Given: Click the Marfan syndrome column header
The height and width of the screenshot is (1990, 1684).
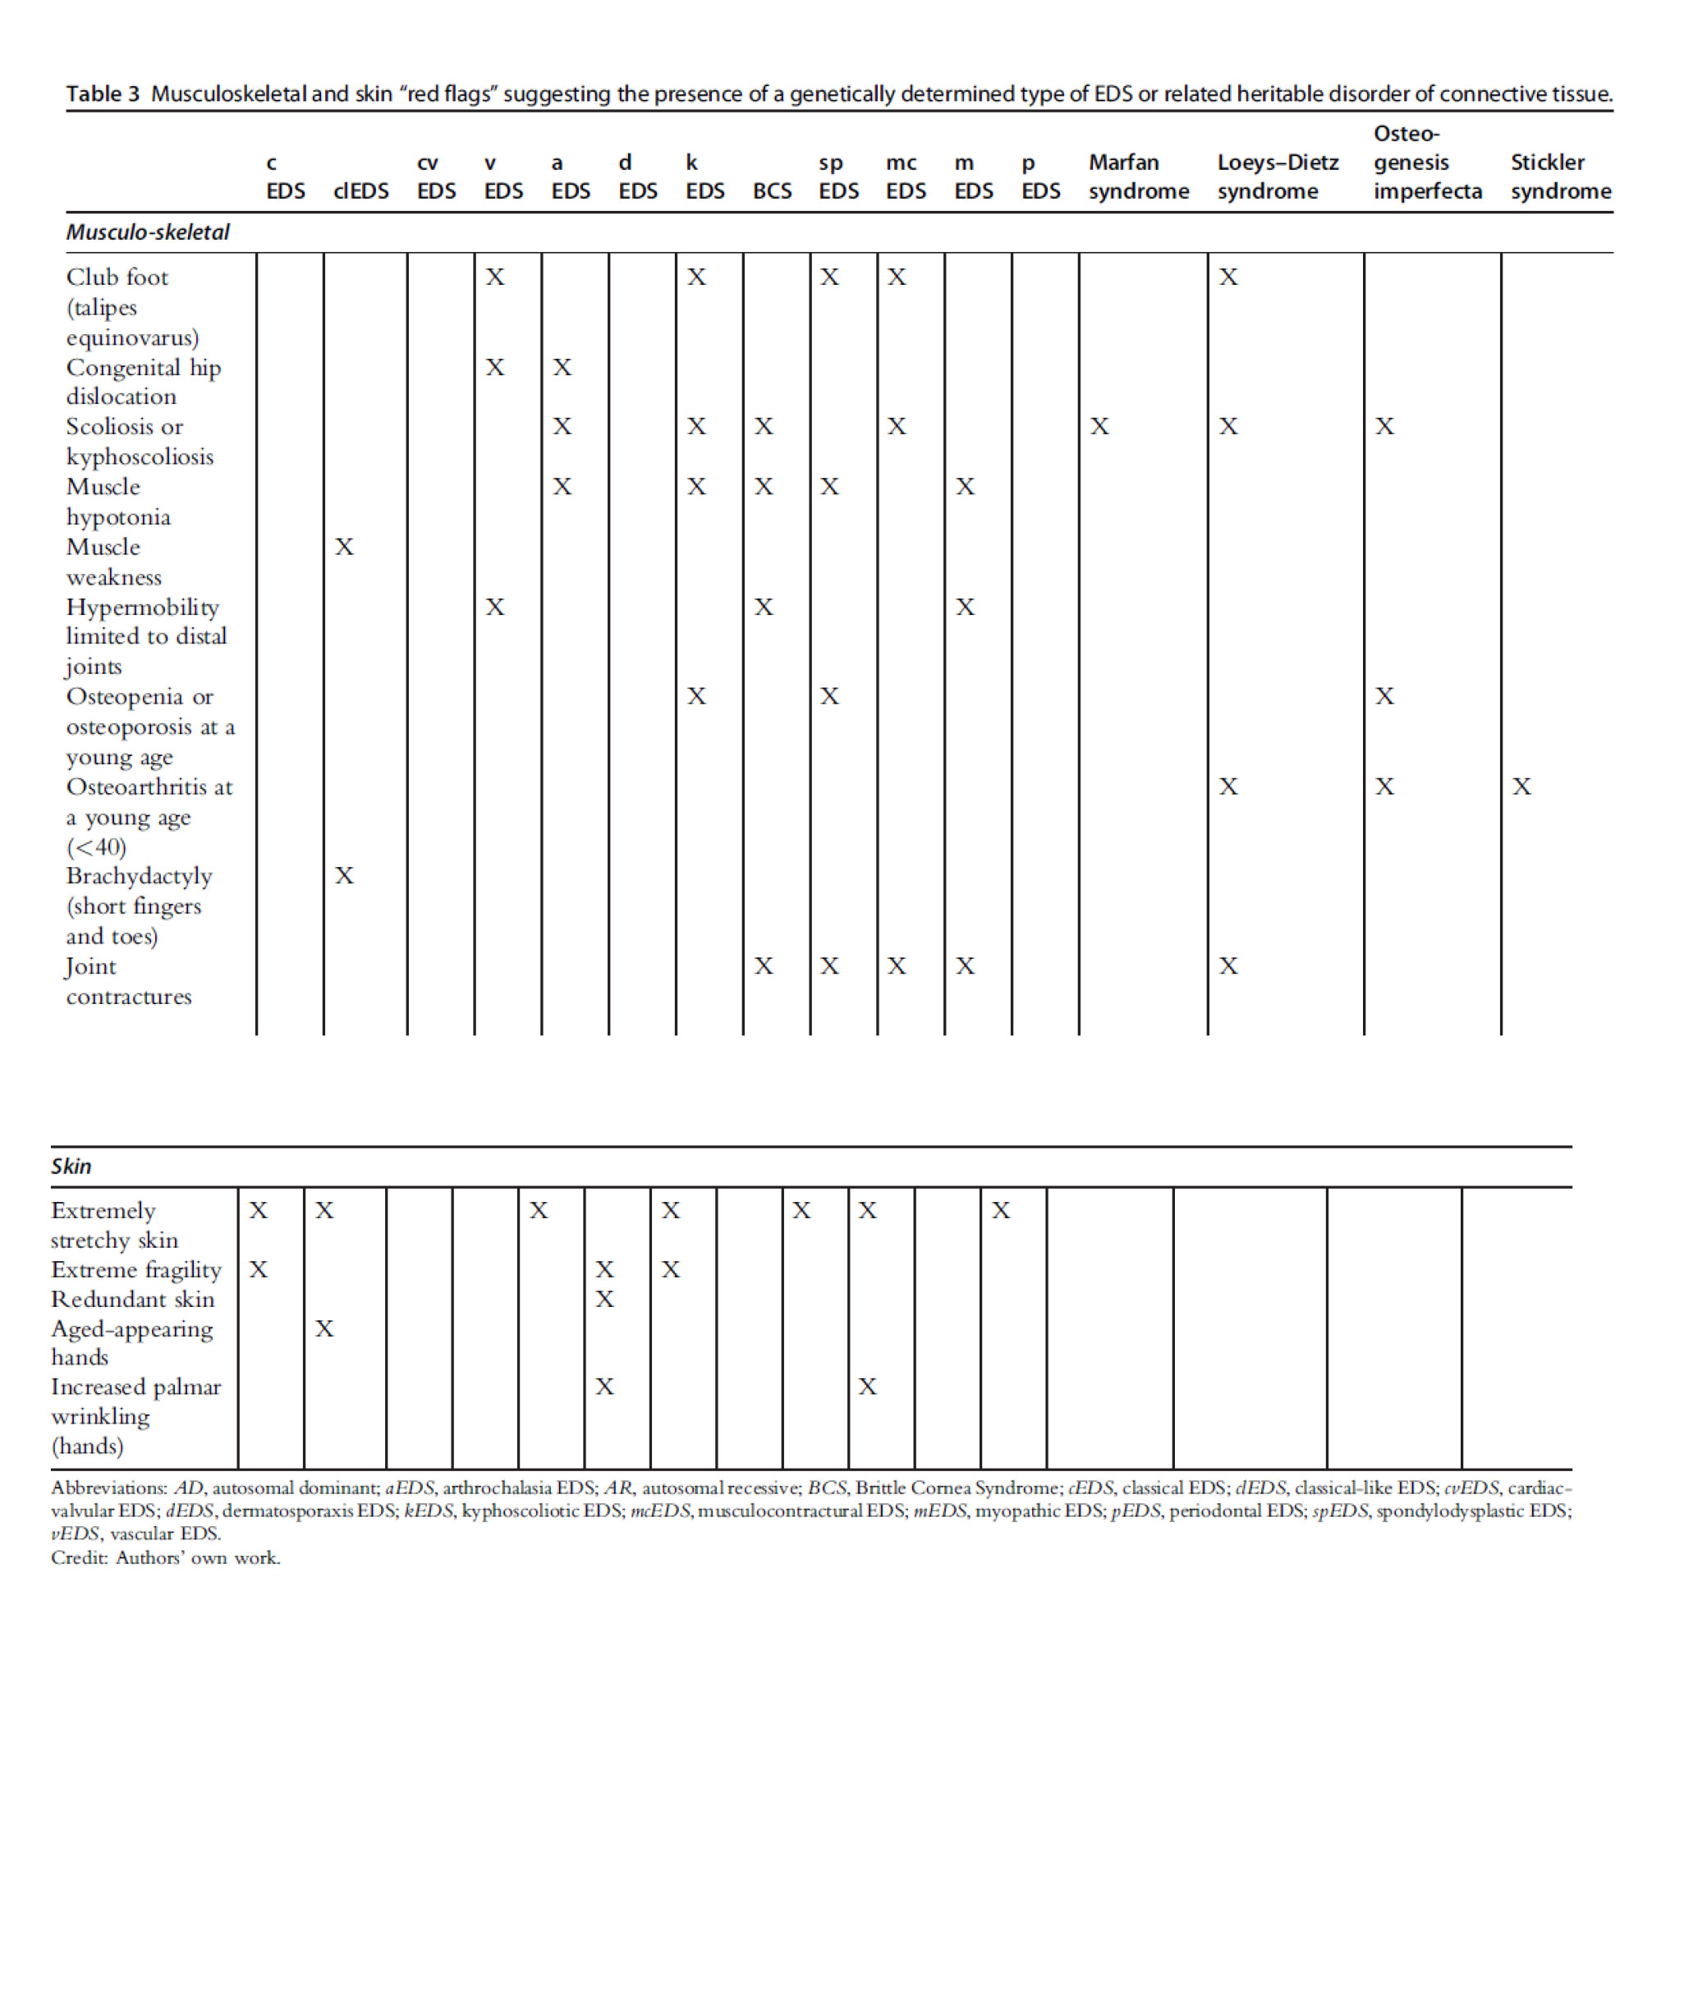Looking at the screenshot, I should click(x=1138, y=177).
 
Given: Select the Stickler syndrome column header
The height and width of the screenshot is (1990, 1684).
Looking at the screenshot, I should click(x=1560, y=177).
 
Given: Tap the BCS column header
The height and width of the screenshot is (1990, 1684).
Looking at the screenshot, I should click(x=771, y=191).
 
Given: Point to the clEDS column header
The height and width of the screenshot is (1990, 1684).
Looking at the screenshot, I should click(x=361, y=191).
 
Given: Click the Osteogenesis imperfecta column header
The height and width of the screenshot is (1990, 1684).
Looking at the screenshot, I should click(x=1426, y=163).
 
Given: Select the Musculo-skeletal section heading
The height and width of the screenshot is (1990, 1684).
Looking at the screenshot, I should click(x=147, y=232).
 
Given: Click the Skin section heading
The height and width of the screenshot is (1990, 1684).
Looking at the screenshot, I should click(x=71, y=1167).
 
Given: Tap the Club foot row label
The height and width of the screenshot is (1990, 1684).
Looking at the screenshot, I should click(x=117, y=277).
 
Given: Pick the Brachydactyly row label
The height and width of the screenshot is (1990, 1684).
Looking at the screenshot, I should click(x=139, y=876).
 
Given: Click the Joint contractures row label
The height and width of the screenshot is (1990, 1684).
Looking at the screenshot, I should click(x=129, y=981).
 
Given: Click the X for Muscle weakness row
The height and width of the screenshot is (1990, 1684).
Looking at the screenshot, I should click(x=345, y=547).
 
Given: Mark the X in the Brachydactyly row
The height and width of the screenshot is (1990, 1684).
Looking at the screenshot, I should click(x=345, y=875).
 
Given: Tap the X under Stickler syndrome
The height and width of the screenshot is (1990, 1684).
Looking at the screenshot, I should click(x=1521, y=786).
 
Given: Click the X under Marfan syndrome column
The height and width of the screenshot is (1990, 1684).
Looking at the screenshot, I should click(x=1099, y=427).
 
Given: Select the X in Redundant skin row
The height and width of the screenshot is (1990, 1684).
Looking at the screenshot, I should click(x=604, y=1299).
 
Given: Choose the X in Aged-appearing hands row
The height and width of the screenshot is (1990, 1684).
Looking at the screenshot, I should click(x=324, y=1328).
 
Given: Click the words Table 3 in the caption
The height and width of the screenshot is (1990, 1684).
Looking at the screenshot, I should click(x=102, y=94).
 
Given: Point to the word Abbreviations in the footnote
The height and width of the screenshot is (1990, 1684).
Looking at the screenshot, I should click(x=108, y=1488).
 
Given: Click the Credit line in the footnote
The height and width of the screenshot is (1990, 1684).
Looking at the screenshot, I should click(x=165, y=1557).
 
